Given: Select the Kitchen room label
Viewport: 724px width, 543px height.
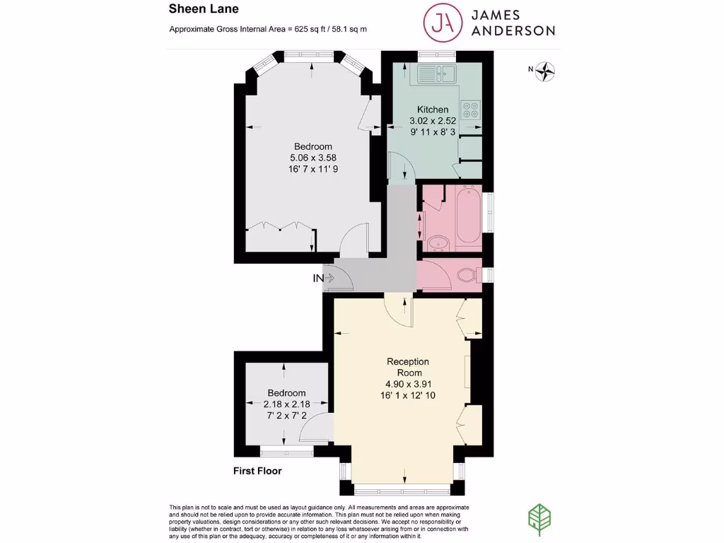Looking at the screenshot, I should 432,110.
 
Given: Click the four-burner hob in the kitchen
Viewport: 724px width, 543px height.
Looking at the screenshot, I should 469,110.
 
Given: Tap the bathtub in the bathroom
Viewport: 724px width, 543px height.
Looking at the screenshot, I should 468,215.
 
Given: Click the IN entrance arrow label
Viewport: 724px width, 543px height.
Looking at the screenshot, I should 323,279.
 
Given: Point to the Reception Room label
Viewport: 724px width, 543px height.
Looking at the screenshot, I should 408,367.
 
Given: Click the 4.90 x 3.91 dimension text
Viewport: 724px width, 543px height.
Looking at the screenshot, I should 408,385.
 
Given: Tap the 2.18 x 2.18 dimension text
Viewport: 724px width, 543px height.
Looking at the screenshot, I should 286,404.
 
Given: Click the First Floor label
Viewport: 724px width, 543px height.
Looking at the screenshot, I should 257,471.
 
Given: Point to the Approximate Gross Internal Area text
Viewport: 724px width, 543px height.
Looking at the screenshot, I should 268,30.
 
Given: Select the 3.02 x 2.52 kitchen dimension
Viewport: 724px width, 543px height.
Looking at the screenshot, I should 432,120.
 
